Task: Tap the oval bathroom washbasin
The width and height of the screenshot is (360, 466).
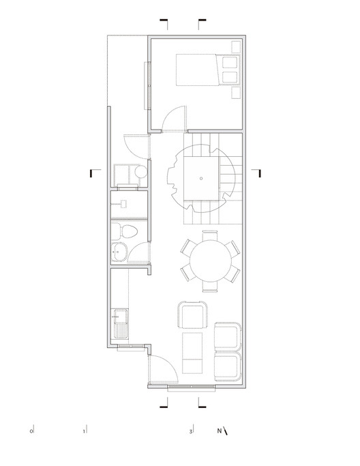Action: pyautogui.click(x=119, y=252)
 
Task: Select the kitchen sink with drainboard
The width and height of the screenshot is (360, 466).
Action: pyautogui.click(x=120, y=323)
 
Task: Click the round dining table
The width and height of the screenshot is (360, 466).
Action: pyautogui.click(x=210, y=261)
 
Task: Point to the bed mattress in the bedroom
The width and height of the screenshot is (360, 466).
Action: pyautogui.click(x=198, y=70)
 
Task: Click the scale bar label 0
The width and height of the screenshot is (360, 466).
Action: pyautogui.click(x=31, y=431)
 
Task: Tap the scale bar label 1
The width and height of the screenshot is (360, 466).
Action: pyautogui.click(x=84, y=431)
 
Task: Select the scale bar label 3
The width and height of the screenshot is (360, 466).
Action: pyautogui.click(x=191, y=431)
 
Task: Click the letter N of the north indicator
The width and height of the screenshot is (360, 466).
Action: pyautogui.click(x=220, y=431)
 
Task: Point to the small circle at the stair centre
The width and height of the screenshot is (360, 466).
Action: pyautogui.click(x=201, y=178)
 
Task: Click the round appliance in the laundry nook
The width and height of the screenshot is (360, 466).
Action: pyautogui.click(x=140, y=172)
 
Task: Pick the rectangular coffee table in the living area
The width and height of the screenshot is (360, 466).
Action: pyautogui.click(x=192, y=353)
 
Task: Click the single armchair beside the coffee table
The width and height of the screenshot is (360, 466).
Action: pyautogui.click(x=192, y=315)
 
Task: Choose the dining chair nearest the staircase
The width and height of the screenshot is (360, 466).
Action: pyautogui.click(x=210, y=235)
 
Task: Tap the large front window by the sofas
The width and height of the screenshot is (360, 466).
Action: pyautogui.click(x=191, y=388)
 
